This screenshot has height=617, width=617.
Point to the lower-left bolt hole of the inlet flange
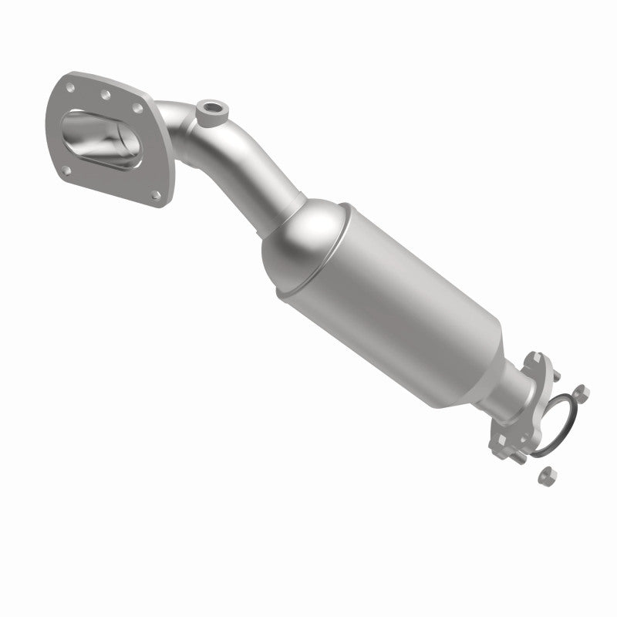66,170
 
